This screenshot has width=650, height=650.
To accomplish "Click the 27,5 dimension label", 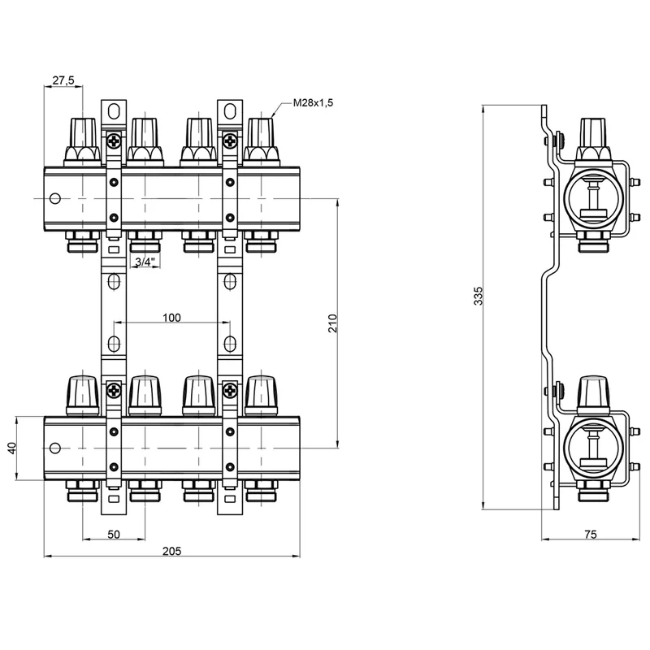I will coord(63,80).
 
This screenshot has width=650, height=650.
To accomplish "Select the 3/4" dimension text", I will coord(143,261).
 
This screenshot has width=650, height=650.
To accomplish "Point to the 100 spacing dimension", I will coord(171,317).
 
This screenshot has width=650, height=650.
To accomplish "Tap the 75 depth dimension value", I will coord(591,534).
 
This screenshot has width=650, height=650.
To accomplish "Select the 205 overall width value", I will coord(171,551).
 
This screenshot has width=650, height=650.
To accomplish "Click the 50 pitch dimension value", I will coord(115,534).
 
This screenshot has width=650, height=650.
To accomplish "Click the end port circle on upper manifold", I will coord(54,198).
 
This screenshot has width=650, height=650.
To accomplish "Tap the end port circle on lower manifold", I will coord(54,447).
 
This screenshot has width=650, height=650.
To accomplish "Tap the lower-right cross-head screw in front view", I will coord(231,390).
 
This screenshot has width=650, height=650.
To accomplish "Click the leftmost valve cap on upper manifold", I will coord(84,134).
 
